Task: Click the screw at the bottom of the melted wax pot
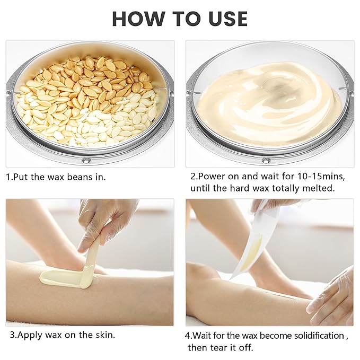point(266,160)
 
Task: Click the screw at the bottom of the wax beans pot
point(89,160)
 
